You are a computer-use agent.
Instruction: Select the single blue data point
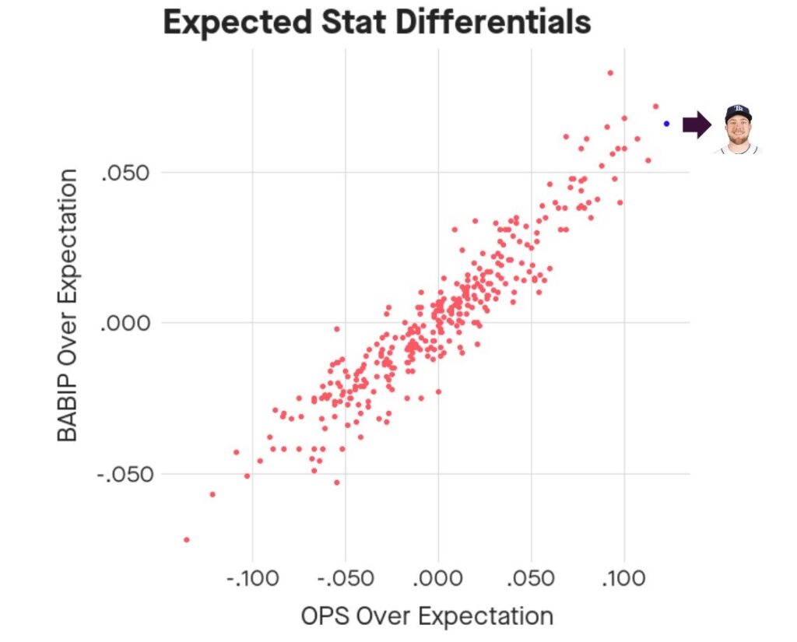666,124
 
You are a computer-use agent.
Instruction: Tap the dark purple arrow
696,125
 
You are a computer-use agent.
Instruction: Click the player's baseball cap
738,111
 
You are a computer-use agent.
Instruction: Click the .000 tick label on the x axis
437,578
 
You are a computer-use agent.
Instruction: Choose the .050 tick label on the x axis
531,578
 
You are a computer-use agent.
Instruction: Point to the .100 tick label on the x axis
623,578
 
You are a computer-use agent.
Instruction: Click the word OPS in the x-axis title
326,616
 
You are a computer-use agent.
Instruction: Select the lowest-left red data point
186,539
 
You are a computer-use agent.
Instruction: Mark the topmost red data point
610,73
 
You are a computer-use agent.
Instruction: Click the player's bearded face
738,134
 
